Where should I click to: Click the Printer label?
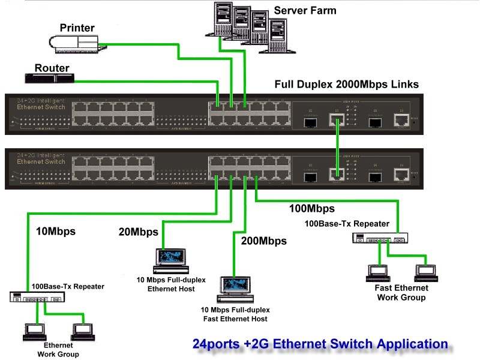pos(79,28)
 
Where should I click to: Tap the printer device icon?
pos(73,41)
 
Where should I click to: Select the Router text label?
pos(52,68)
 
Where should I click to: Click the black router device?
pos(50,78)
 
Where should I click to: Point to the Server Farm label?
pos(305,10)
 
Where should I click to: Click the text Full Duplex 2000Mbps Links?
pos(347,84)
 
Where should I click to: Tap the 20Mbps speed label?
pos(138,232)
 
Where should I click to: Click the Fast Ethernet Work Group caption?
pos(401,293)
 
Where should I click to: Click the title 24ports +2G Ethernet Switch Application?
pos(320,344)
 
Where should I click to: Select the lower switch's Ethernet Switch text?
pos(41,161)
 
